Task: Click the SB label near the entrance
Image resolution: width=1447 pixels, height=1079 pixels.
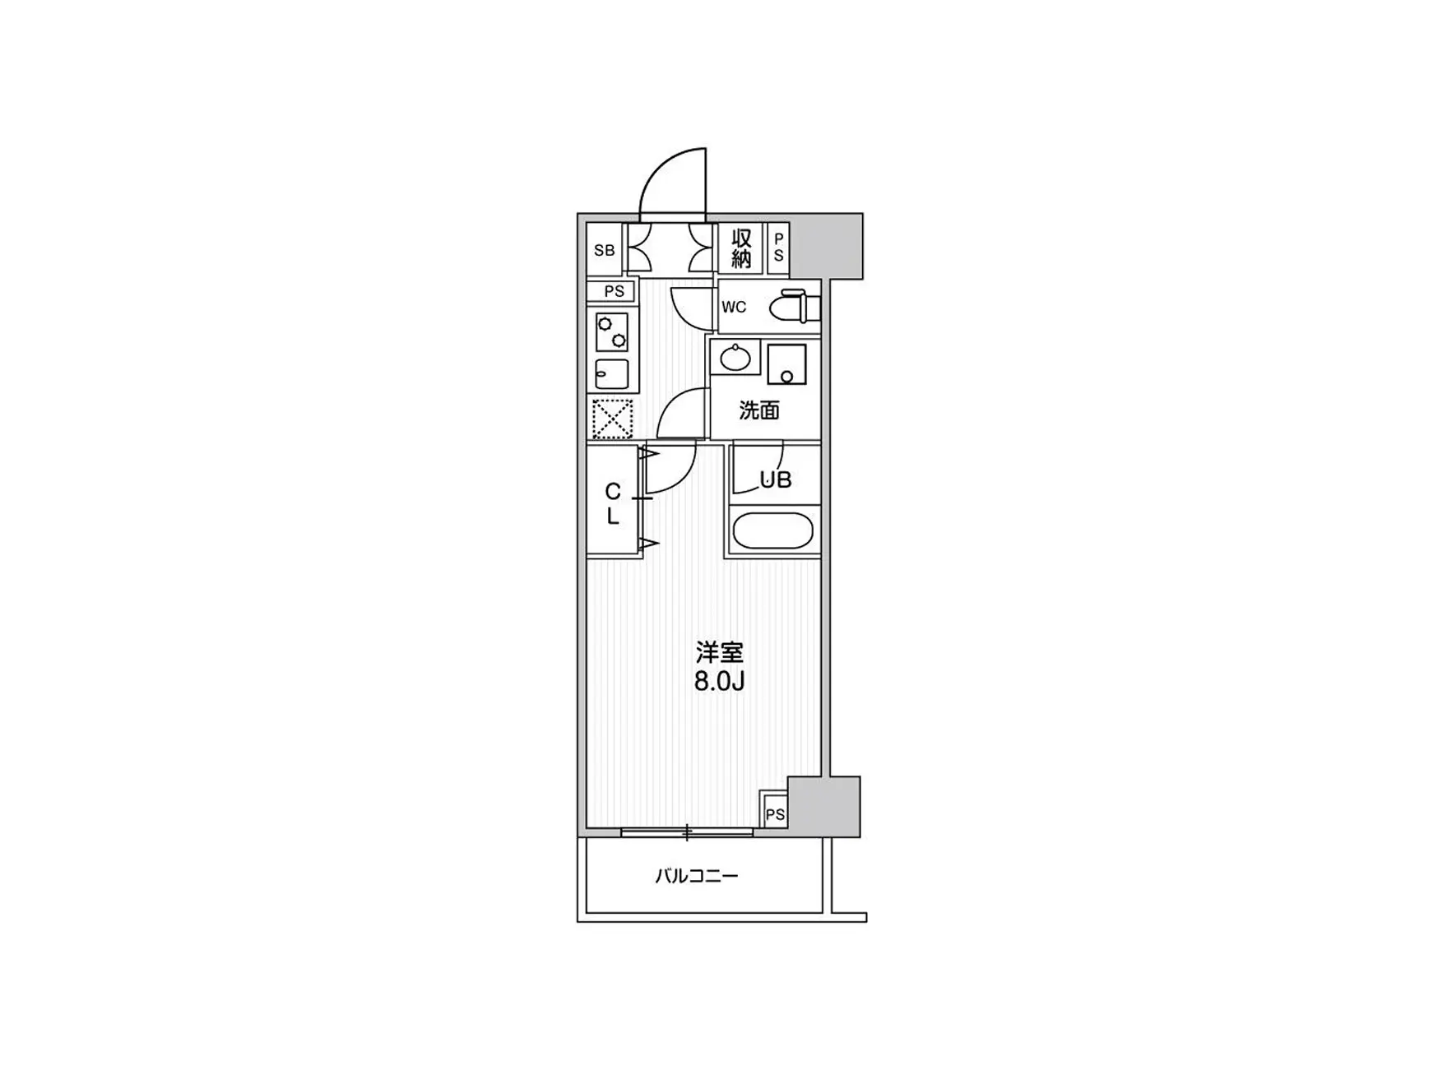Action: tap(605, 250)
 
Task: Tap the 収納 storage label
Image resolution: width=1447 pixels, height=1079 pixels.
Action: tap(741, 248)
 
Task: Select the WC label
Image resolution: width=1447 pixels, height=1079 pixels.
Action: tap(734, 308)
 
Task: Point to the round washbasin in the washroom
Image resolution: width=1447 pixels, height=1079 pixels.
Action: tap(734, 359)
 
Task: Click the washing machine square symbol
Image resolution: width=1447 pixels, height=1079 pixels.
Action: tap(786, 364)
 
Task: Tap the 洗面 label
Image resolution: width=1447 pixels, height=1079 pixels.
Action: tap(758, 410)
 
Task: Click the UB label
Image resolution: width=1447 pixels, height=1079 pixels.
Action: tap(775, 480)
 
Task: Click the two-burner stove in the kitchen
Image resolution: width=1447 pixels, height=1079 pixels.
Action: tap(612, 332)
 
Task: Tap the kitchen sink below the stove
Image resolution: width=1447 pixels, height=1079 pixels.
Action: tap(612, 375)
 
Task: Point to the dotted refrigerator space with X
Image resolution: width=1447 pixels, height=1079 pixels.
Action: tap(612, 419)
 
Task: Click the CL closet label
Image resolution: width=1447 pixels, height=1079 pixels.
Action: tap(613, 504)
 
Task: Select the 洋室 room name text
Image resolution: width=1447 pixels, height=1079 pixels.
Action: tap(720, 654)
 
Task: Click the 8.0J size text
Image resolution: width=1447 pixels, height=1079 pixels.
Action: tap(720, 682)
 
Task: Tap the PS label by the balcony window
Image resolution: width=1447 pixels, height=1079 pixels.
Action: tap(775, 814)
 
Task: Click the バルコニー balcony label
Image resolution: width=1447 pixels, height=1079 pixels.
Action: tap(697, 876)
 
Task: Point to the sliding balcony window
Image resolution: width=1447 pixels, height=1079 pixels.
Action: tap(687, 832)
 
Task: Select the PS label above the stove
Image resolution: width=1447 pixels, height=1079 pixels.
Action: tap(614, 291)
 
